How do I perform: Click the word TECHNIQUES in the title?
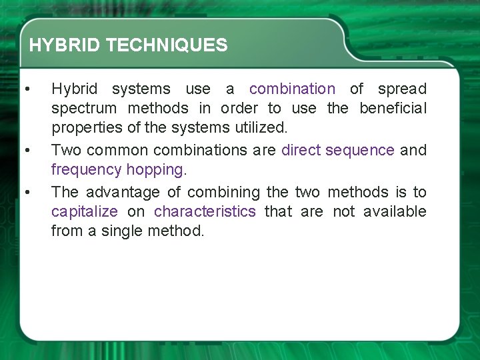[x=166, y=45]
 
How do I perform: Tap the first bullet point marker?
[x=26, y=89]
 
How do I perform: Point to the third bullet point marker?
[x=26, y=192]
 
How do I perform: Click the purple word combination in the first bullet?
[x=292, y=89]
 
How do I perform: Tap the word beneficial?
[x=393, y=108]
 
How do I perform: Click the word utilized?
[x=262, y=128]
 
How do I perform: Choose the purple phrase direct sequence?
[x=337, y=150]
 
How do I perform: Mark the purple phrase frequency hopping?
[x=117, y=170]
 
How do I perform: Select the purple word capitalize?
[x=85, y=212]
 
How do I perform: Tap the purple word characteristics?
[x=205, y=212]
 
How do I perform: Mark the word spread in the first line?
[x=402, y=89]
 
